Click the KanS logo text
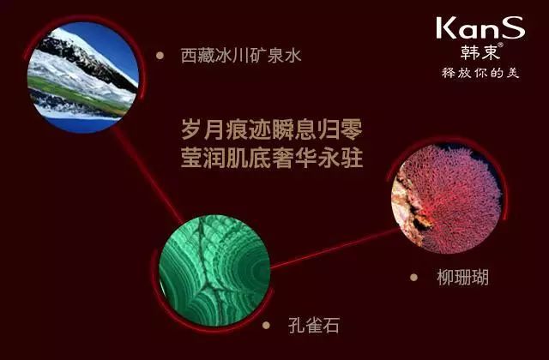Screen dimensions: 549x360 [x=480, y=27]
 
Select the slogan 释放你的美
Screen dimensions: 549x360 [x=480, y=73]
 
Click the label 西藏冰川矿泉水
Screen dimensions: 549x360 [x=241, y=56]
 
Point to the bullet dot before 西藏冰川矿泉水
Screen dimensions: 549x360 [x=160, y=55]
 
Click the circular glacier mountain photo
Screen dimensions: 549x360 [x=83, y=77]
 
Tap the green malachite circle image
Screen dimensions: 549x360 [x=214, y=271]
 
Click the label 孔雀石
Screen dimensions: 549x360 [x=314, y=325]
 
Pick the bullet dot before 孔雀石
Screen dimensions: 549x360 [x=266, y=325]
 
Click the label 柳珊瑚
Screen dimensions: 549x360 [x=462, y=277]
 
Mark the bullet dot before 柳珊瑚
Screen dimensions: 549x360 [x=413, y=277]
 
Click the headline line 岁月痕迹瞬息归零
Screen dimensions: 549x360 [x=272, y=129]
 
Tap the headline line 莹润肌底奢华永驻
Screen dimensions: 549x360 [x=272, y=158]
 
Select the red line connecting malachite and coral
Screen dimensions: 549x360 [x=335, y=249]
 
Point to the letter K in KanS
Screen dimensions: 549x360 [x=446, y=28]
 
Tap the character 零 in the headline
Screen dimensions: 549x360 [x=352, y=129]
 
